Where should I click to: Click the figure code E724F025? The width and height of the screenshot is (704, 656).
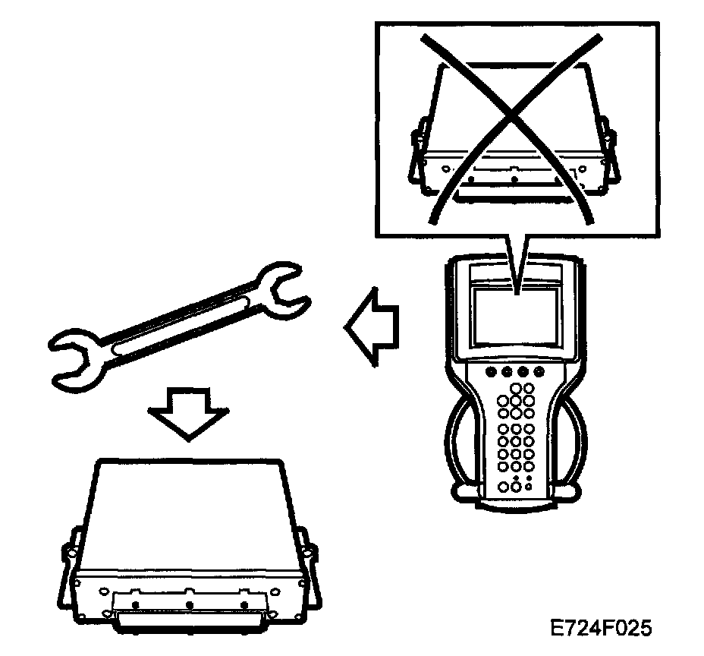pos(601,629)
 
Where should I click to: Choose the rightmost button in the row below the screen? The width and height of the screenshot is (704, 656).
pos(539,373)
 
